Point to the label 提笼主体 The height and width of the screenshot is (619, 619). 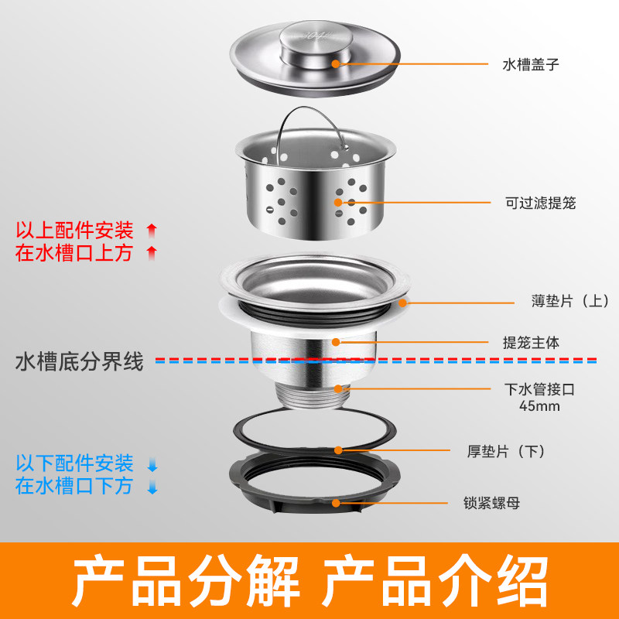(530, 341)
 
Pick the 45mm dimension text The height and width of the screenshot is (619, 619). (539, 407)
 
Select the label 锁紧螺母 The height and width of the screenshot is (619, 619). (492, 503)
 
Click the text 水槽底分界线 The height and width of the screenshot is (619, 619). (80, 361)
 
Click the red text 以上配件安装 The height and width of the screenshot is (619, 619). (75, 230)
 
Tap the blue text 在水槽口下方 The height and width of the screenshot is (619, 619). (75, 486)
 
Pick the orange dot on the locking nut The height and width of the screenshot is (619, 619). (337, 502)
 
